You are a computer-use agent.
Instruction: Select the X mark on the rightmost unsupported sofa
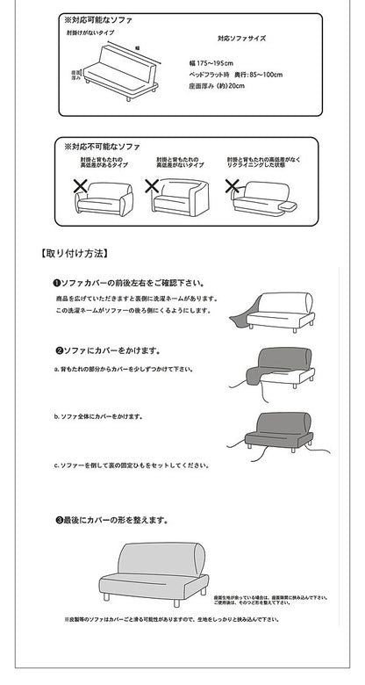(x=233, y=186)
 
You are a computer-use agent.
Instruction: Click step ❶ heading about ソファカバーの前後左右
(x=128, y=284)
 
